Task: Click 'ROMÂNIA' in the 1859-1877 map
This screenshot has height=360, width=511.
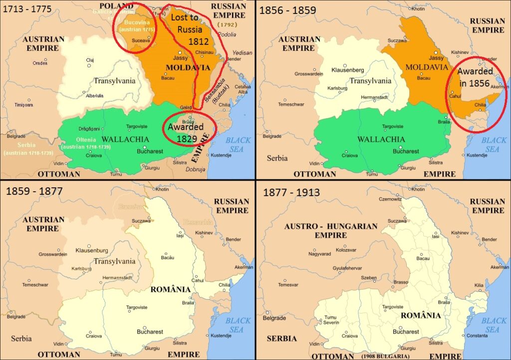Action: (x=171, y=290)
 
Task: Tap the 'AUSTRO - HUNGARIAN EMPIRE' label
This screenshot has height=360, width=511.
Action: (x=331, y=231)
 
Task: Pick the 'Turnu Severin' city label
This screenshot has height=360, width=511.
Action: (x=330, y=321)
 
